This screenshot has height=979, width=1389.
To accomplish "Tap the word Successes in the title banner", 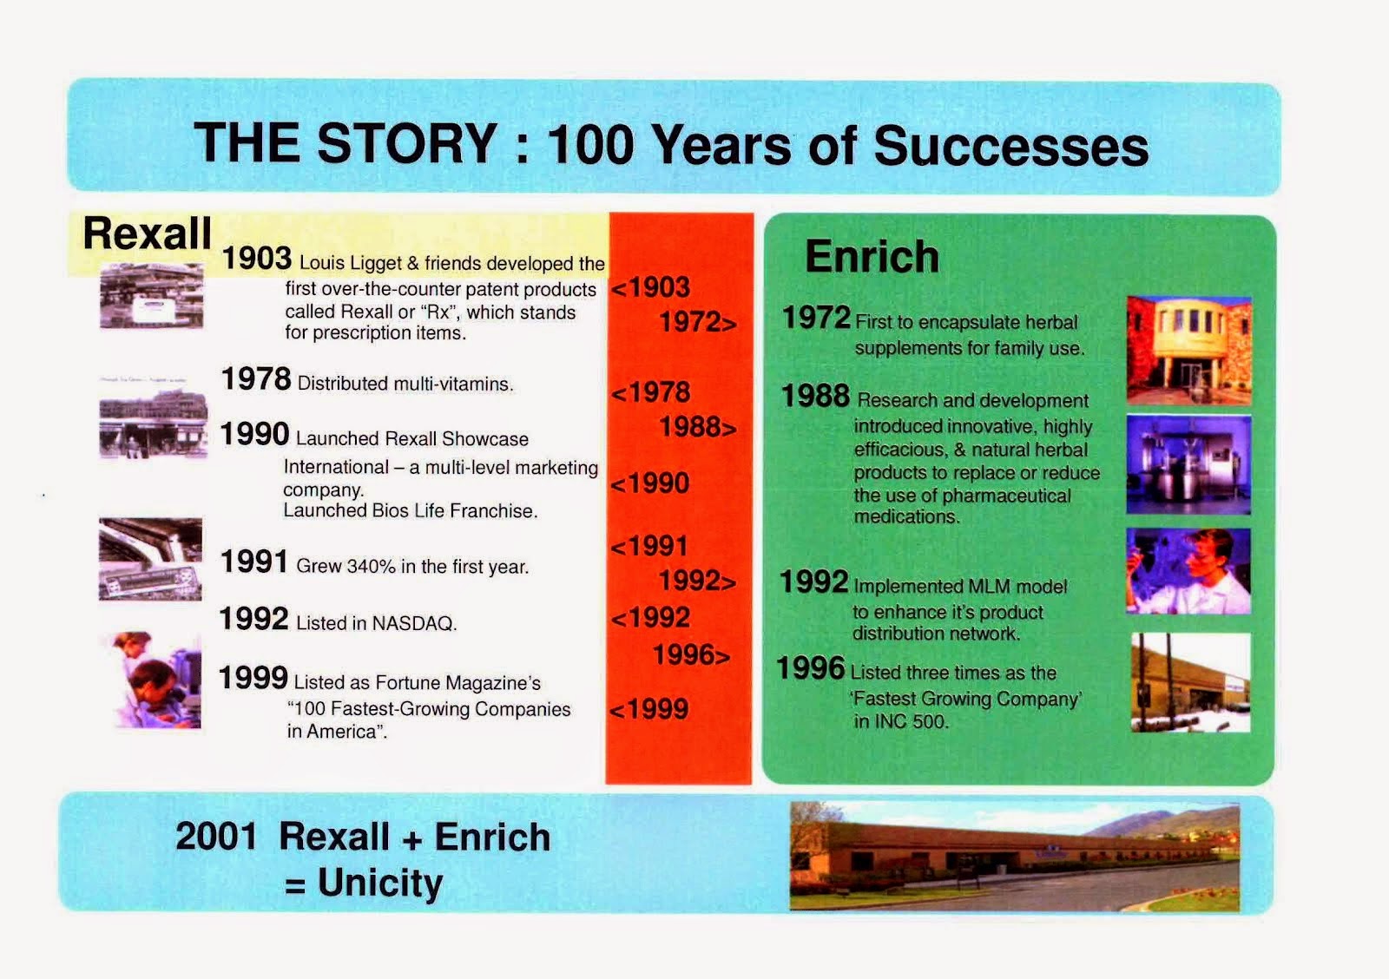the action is pos(1010,147).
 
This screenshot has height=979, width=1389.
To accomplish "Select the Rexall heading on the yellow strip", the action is pos(147,233).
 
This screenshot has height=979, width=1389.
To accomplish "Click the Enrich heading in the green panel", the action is pos(872,256).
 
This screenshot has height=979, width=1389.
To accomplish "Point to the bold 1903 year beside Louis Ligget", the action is pos(256,258).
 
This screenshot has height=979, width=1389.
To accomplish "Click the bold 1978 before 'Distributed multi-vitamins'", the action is pos(255,378).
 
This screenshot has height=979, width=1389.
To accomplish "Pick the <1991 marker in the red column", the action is pos(649,546).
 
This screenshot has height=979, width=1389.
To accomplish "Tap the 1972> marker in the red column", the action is pos(698,322).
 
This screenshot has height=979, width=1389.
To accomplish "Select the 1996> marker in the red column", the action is pos(691,654).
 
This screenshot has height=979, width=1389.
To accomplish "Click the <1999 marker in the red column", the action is pos(649,709).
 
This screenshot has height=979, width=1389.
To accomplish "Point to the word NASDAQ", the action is pos(414,623).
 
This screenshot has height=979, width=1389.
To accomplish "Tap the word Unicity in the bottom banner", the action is pos(380,883).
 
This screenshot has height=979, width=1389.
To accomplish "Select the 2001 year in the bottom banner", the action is pos(216,836).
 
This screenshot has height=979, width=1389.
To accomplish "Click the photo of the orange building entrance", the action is pos(1188,351).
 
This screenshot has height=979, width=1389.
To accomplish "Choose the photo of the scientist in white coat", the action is pos(1188,571).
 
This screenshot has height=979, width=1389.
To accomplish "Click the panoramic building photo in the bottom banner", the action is pos(1015,857).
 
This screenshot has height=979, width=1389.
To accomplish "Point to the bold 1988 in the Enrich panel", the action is pos(815,396).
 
